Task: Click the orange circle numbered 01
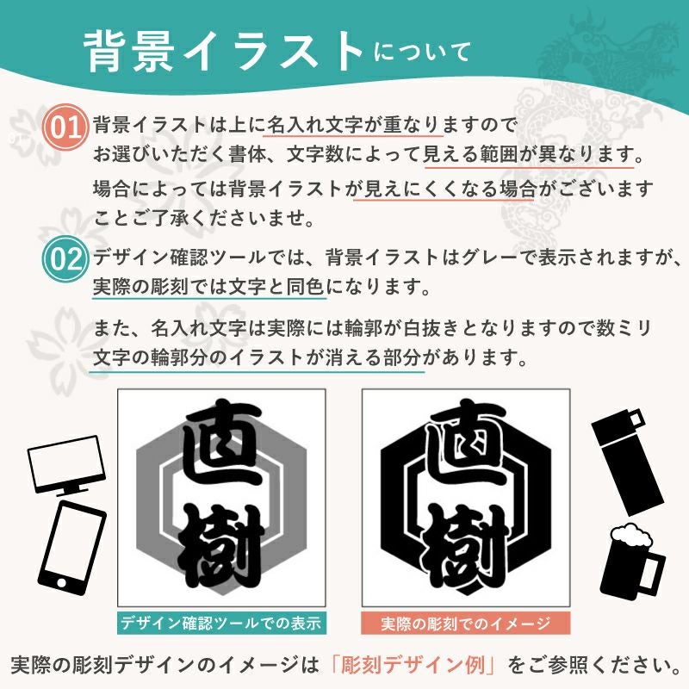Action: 65,127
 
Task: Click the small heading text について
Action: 422,53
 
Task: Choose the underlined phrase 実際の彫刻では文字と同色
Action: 208,287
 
